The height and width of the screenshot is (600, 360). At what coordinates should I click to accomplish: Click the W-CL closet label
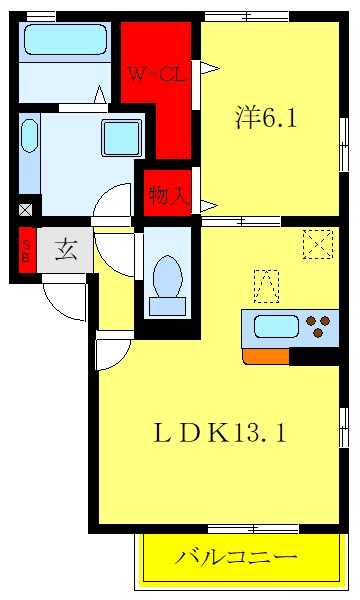click(157, 74)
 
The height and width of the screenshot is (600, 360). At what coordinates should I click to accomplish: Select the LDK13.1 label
click(220, 433)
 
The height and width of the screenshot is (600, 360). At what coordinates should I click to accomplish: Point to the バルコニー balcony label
click(236, 558)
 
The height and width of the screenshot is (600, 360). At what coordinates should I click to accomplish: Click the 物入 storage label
click(169, 196)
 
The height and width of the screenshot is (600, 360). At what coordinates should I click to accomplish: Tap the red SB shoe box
click(27, 250)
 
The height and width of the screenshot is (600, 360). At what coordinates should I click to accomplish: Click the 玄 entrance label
click(67, 250)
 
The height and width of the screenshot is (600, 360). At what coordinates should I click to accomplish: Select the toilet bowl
click(168, 284)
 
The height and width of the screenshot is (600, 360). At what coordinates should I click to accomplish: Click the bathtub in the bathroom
click(65, 39)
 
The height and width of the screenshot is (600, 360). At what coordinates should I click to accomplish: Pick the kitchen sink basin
click(276, 326)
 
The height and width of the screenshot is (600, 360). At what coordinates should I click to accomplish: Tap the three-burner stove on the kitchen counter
click(318, 326)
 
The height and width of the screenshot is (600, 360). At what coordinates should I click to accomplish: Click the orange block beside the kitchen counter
click(266, 356)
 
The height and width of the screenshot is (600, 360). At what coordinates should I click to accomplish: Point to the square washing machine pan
click(122, 138)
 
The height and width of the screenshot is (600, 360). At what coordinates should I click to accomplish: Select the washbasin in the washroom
click(29, 136)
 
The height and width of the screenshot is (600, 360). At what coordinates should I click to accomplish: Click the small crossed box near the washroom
click(26, 210)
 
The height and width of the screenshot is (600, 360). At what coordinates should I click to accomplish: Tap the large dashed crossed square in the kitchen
click(318, 244)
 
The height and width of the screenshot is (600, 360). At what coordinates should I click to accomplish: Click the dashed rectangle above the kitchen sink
click(266, 286)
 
